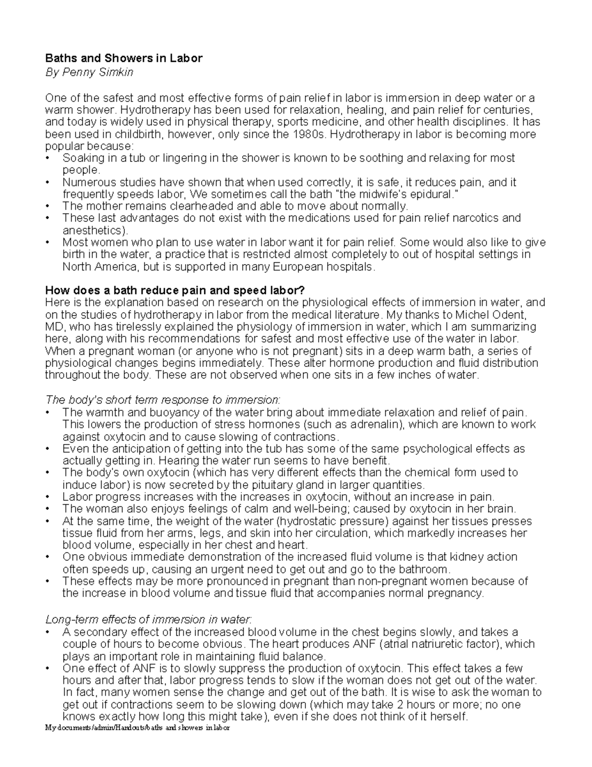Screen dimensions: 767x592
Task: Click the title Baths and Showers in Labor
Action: pyautogui.click(x=123, y=58)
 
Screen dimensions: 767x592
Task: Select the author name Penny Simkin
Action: pyautogui.click(x=99, y=72)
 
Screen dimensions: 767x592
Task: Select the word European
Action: pyautogui.click(x=292, y=267)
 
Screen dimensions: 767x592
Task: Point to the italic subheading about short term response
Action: pyautogui.click(x=162, y=400)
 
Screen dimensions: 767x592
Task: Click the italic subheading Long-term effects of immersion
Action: pyautogui.click(x=148, y=619)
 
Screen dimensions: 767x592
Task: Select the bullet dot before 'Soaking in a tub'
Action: pyautogui.click(x=47, y=159)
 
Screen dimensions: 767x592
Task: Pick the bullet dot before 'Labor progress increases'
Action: pyautogui.click(x=47, y=497)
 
